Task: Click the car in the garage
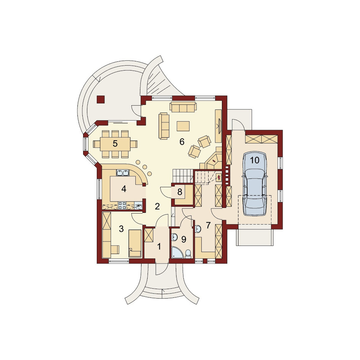pos(255,184)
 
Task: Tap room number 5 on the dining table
pos(115,144)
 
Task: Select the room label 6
pos(182,142)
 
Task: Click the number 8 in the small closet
pos(180,192)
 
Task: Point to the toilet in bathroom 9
pos(188,254)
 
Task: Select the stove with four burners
pos(122,206)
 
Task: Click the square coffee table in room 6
pos(183,126)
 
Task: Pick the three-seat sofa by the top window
pos(183,107)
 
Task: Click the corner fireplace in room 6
pos(213,159)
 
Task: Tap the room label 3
pos(121,229)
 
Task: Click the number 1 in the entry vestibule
pos(159,247)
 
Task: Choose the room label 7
pos(208,225)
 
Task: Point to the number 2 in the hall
pos(157,206)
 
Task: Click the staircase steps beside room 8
pos(183,176)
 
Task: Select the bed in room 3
pos(135,243)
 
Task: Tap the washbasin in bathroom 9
pos(175,237)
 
